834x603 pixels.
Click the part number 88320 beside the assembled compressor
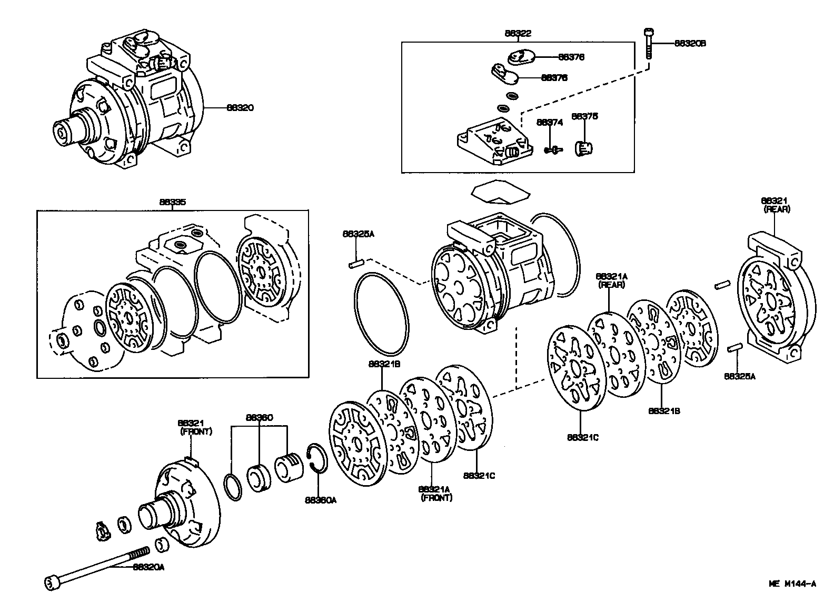click(x=240, y=108)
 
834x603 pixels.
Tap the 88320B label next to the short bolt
click(x=690, y=44)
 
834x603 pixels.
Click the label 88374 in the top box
click(x=550, y=122)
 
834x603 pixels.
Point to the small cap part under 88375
click(x=583, y=148)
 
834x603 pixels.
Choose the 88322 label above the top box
click(x=518, y=33)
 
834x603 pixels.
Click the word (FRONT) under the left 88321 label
click(x=196, y=431)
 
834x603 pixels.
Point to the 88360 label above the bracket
click(x=259, y=418)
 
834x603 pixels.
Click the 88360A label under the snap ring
click(x=320, y=500)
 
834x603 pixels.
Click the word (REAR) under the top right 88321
click(x=777, y=209)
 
